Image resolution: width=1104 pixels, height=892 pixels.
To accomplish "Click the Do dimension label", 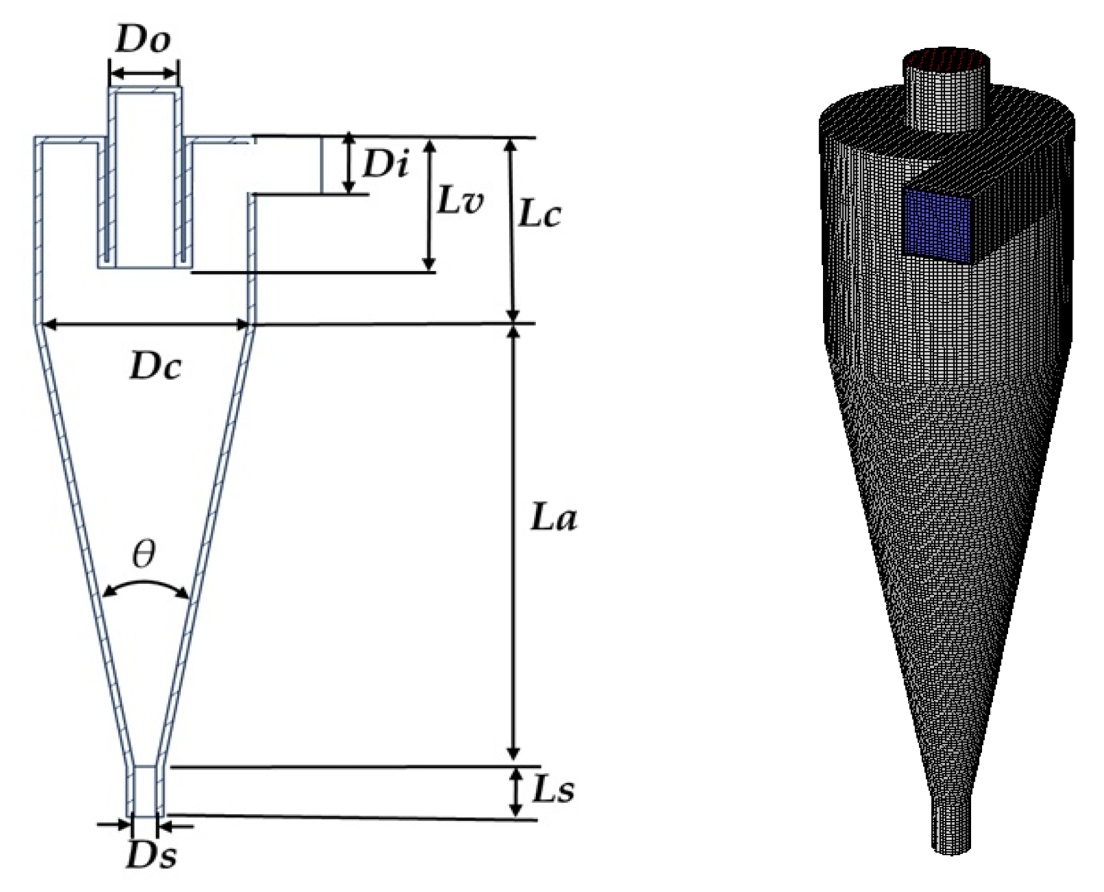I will pos(143,41).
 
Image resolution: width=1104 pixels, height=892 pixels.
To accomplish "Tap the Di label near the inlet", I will pos(385,164).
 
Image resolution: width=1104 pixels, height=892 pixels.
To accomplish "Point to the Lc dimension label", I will pos(539,214).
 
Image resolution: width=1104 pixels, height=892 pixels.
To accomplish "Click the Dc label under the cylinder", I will pos(155,367).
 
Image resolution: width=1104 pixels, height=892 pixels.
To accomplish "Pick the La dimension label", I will pos(553,518).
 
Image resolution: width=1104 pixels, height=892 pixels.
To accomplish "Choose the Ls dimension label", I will pos(553,790).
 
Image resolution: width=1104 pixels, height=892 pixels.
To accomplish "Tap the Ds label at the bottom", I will pos(152,856).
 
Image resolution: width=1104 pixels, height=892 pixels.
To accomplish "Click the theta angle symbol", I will pos(144,554).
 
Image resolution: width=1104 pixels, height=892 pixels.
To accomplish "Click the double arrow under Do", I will pos(144,74).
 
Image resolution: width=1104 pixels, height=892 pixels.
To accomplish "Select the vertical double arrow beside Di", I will pos(349,164).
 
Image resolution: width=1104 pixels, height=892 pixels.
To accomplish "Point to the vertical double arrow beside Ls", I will pos(515,792).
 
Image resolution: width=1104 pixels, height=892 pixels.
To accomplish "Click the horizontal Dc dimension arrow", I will pos(146,326).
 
